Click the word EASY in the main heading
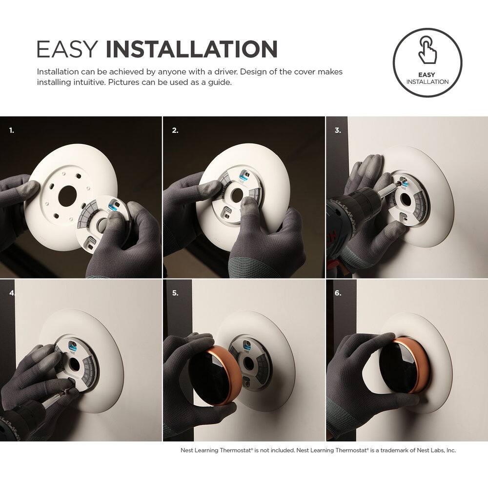click(x=67, y=50)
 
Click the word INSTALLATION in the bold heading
click(x=191, y=50)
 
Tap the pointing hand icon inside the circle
click(x=427, y=49)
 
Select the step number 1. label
click(x=12, y=131)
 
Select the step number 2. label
click(x=175, y=131)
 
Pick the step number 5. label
click(x=175, y=293)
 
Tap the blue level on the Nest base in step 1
click(x=112, y=206)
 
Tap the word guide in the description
click(x=221, y=82)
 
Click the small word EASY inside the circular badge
click(x=427, y=75)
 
